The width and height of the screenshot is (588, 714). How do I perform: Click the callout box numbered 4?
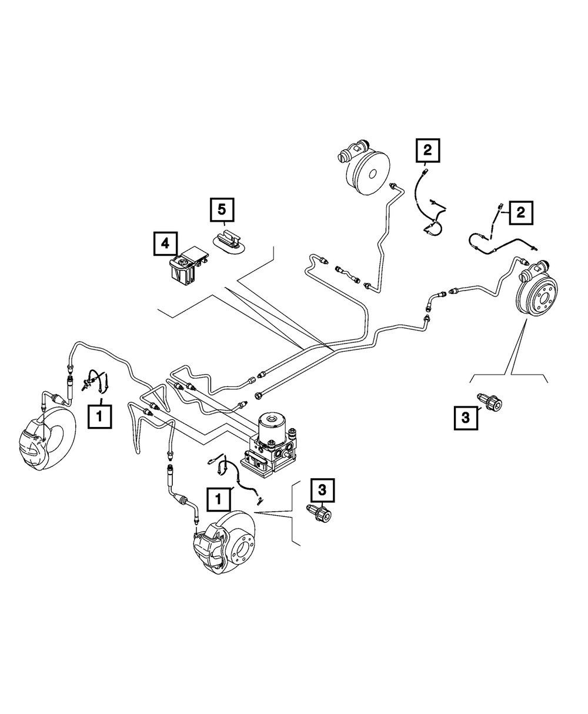coord(165,242)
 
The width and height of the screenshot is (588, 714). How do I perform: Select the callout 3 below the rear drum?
coord(465,418)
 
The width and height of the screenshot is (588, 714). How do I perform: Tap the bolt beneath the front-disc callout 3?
coord(320,515)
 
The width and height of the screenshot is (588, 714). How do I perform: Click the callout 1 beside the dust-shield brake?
coord(99,416)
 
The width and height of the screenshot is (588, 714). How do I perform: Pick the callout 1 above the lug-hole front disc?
coord(218,500)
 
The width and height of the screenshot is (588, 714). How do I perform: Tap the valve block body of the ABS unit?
coord(268,453)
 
